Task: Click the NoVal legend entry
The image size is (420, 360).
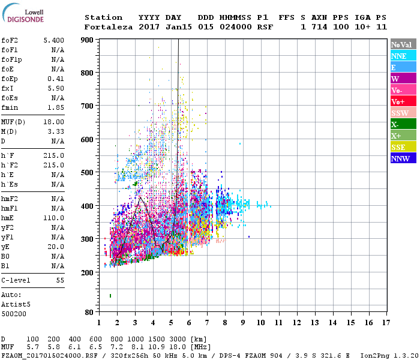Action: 401,44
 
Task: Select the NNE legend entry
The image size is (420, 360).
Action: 401,56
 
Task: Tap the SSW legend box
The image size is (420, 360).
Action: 401,113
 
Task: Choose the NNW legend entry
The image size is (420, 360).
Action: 401,158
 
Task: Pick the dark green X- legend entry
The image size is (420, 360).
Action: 401,124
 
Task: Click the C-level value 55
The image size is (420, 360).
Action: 60,280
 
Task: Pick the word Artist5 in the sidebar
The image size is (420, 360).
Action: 14,304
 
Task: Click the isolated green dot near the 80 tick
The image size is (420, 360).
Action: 110,295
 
